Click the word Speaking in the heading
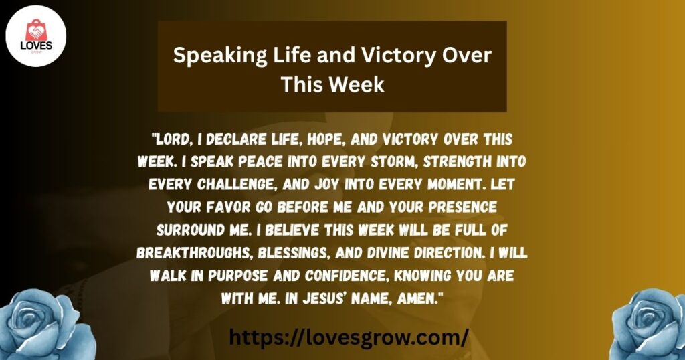[219, 56]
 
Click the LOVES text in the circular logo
[36, 46]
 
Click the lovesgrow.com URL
[349, 337]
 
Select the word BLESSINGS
[293, 253]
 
